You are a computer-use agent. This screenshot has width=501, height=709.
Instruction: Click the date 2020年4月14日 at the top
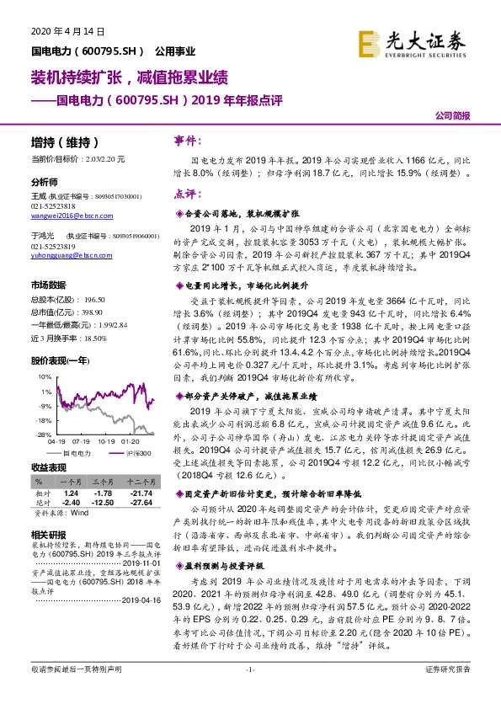(x=67, y=30)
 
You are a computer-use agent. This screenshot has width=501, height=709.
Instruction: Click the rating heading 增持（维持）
(x=65, y=142)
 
